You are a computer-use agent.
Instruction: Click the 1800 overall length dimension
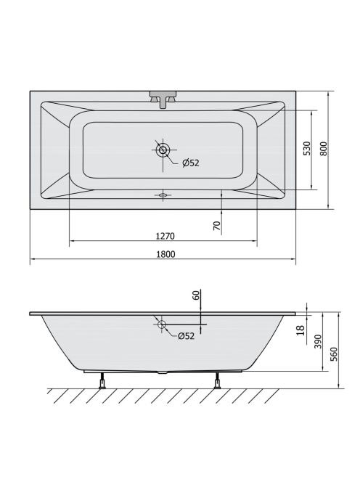coord(165,254)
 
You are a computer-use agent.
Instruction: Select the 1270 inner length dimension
coord(165,236)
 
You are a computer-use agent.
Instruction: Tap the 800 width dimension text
coord(324,149)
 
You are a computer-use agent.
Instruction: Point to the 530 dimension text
coord(307,149)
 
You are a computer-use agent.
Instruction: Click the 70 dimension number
coord(217,226)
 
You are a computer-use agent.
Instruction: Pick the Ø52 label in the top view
coord(191,163)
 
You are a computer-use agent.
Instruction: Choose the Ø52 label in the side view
coord(186,336)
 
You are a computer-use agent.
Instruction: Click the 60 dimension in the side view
coord(196,295)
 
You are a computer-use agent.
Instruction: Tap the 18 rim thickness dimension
coord(300,330)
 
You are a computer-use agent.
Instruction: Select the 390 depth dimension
coord(318,341)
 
